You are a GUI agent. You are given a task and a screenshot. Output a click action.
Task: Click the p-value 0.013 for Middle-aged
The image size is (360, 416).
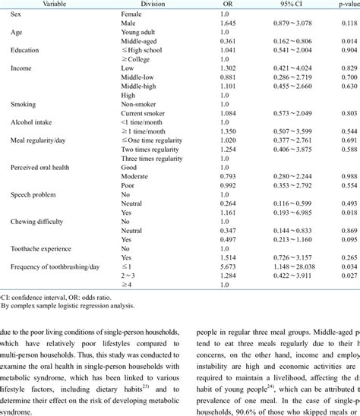[348, 43]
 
